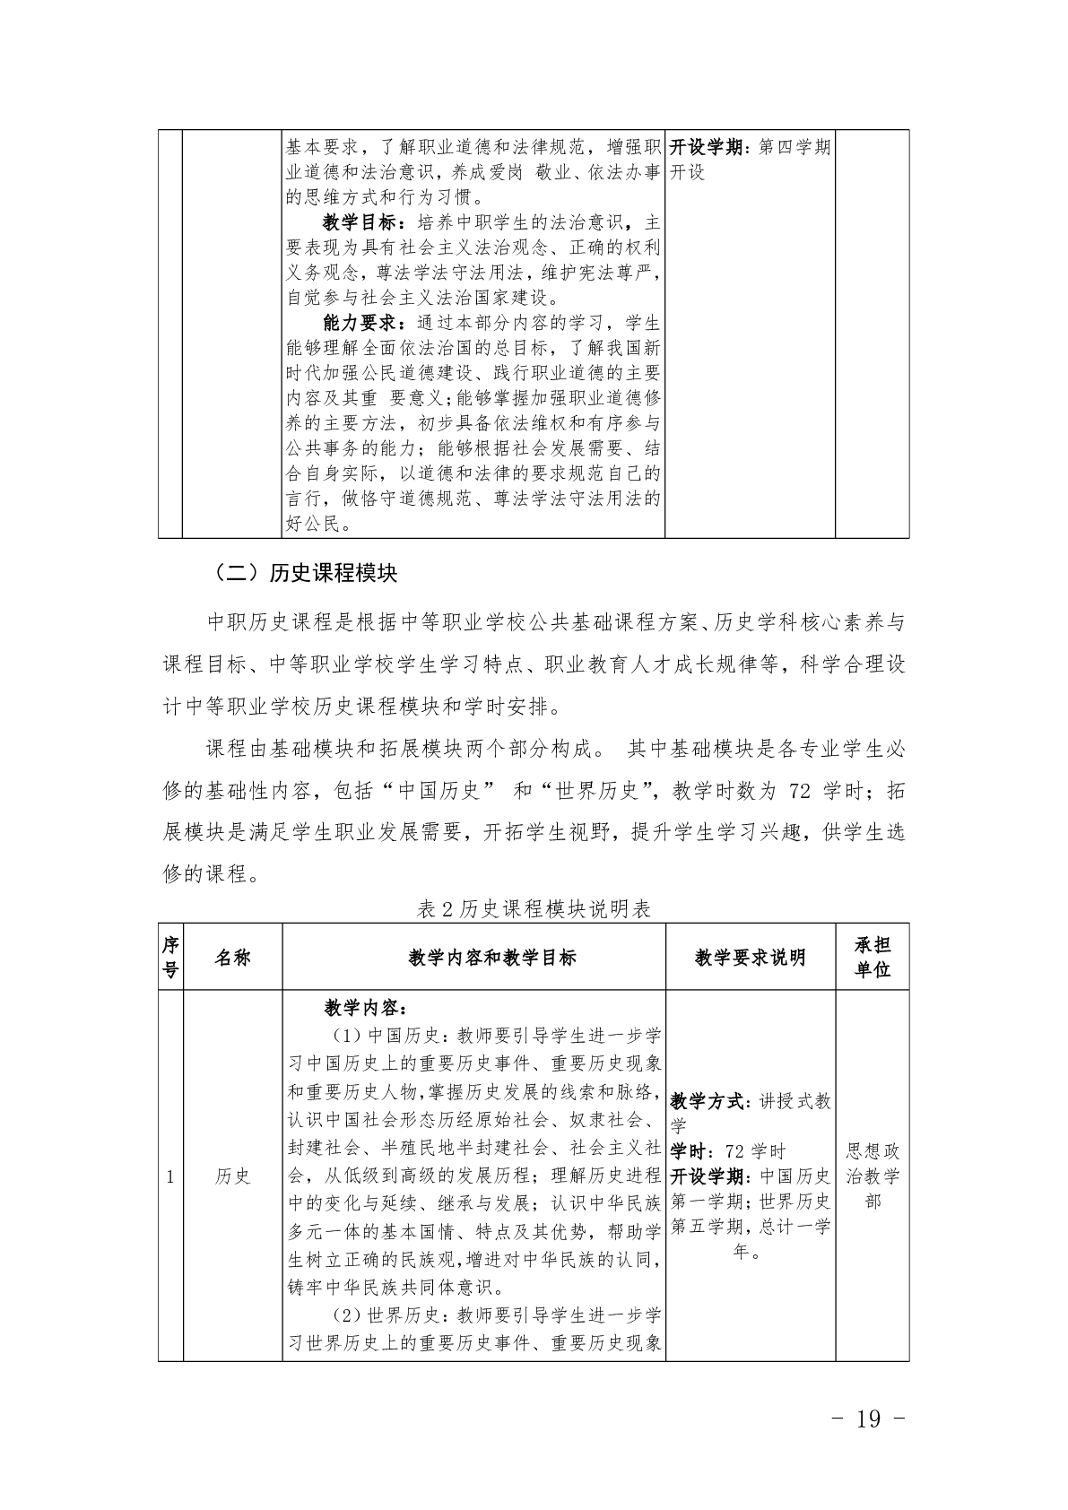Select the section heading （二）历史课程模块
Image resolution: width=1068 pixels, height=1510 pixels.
click(x=305, y=573)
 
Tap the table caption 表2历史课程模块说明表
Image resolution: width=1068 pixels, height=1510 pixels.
click(x=534, y=908)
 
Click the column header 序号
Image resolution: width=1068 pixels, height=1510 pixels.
click(x=170, y=957)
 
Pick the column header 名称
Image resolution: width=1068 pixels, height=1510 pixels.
click(x=232, y=957)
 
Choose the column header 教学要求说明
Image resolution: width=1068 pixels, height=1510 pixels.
click(x=750, y=957)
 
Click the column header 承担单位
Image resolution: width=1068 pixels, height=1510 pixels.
click(x=872, y=957)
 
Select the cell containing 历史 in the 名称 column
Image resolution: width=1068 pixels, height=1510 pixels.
click(x=232, y=1176)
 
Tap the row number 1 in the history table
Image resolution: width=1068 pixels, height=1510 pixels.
click(x=170, y=1176)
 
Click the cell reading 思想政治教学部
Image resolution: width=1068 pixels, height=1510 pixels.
click(x=872, y=1176)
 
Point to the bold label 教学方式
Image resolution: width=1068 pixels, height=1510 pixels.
click(x=707, y=1101)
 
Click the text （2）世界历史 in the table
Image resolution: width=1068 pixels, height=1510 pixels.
click(x=380, y=1315)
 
